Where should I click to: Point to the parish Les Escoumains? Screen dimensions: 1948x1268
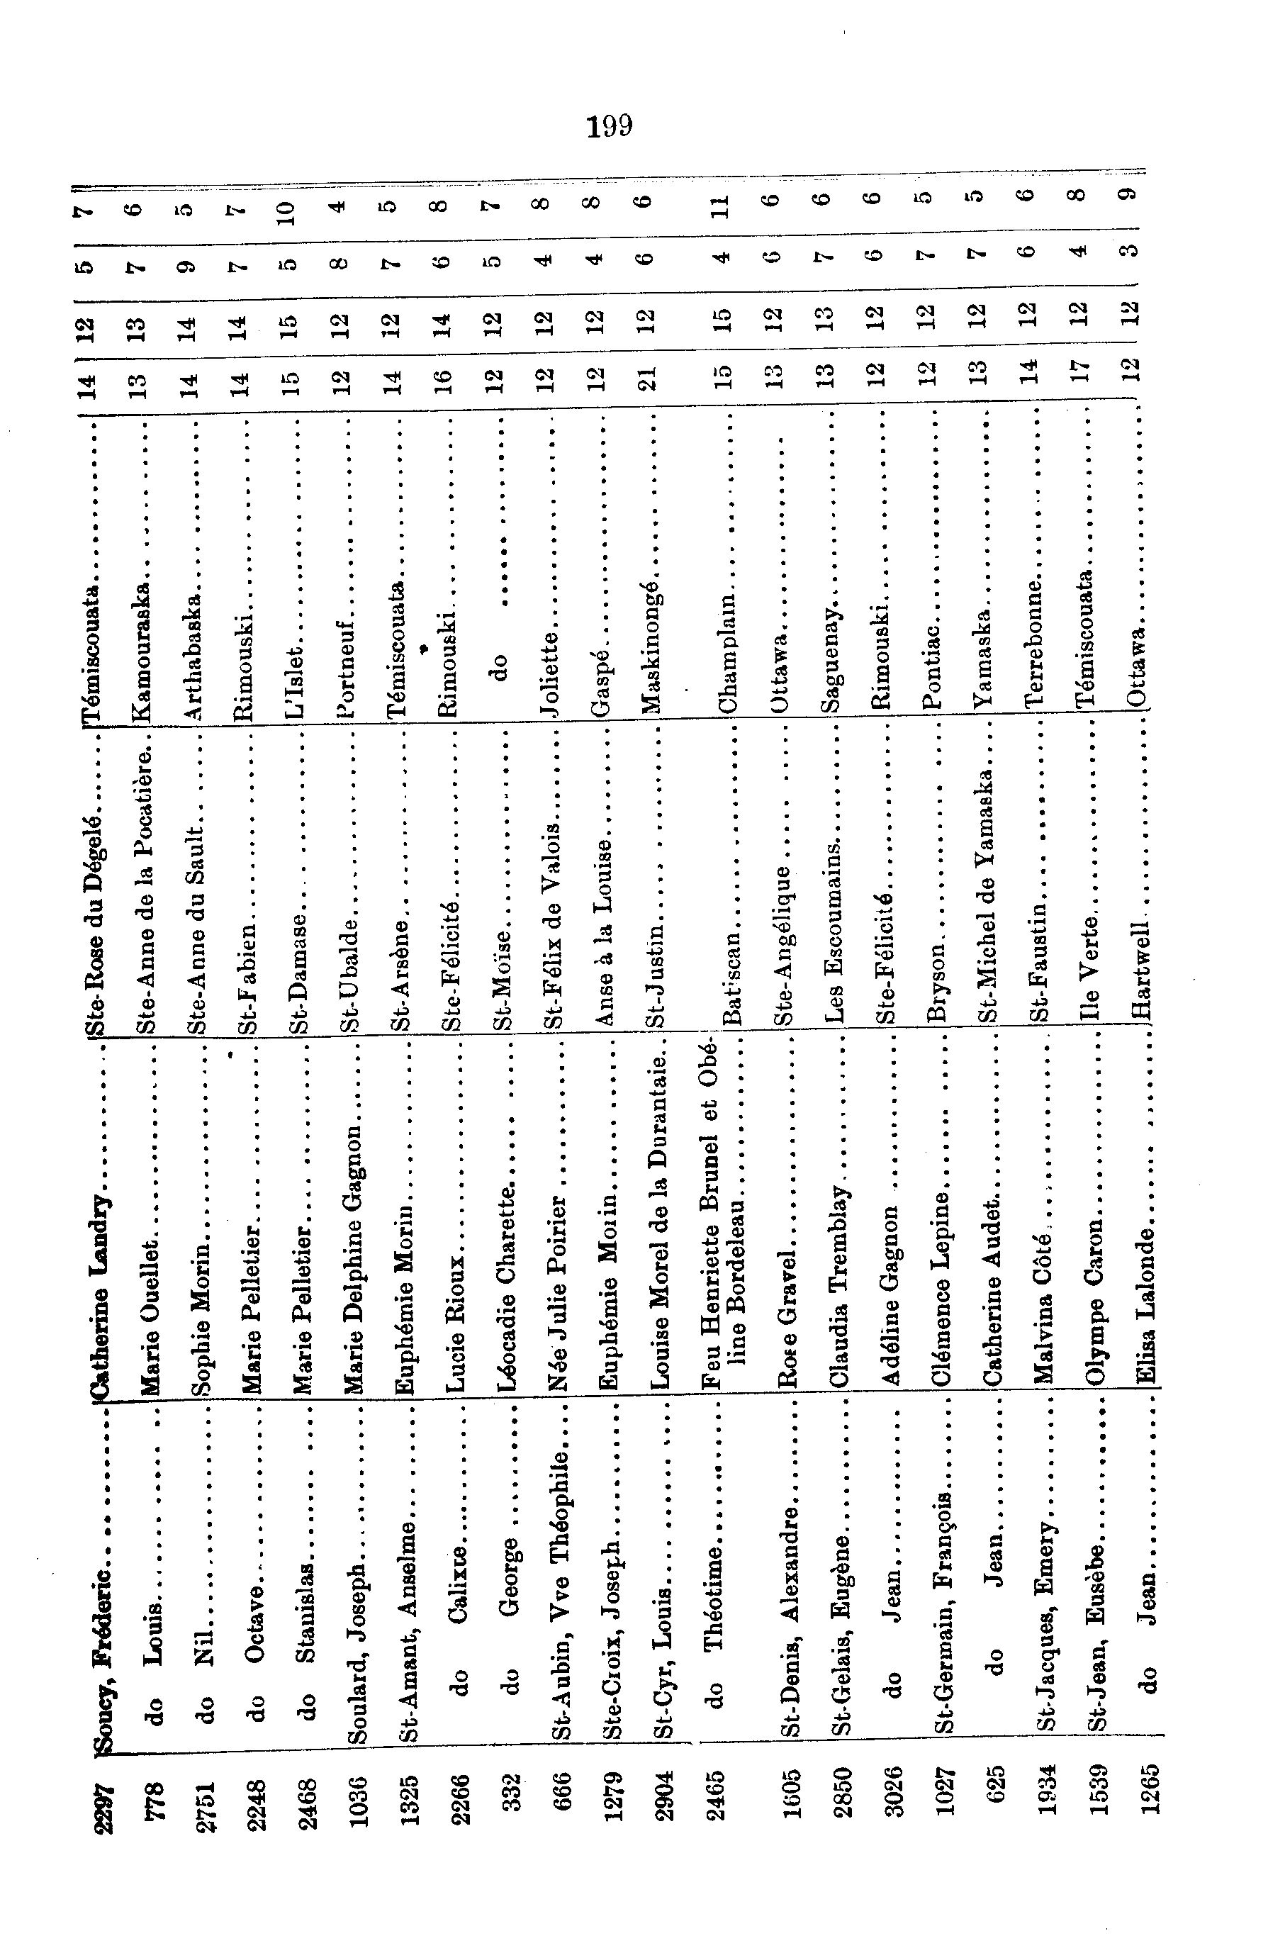[x=835, y=929]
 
